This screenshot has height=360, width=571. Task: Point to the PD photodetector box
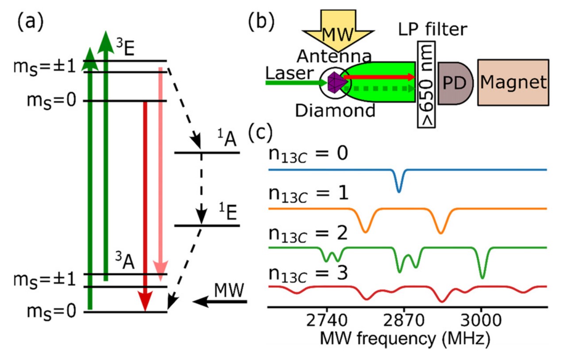point(455,83)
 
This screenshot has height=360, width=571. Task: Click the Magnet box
point(513,82)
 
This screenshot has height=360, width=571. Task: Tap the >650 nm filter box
point(427,83)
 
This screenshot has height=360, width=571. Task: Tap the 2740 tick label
point(327,321)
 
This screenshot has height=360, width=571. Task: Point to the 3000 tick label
point(481,321)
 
